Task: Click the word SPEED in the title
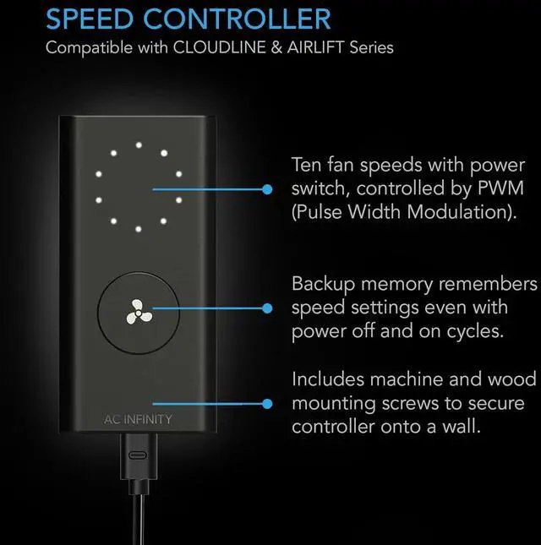[90, 19]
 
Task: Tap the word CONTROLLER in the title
[237, 19]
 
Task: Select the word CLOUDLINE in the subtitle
[220, 47]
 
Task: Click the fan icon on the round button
[139, 313]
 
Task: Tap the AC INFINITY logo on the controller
[138, 420]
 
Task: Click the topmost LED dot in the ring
[139, 145]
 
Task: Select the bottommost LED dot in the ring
[139, 229]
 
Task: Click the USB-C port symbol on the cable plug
[138, 455]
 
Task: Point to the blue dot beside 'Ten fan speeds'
[267, 189]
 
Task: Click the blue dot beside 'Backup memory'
[267, 308]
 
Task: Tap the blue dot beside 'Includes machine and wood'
[267, 404]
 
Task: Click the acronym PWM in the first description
[500, 188]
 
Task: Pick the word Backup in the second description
[324, 285]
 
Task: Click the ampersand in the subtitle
[276, 47]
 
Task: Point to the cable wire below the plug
[139, 519]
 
